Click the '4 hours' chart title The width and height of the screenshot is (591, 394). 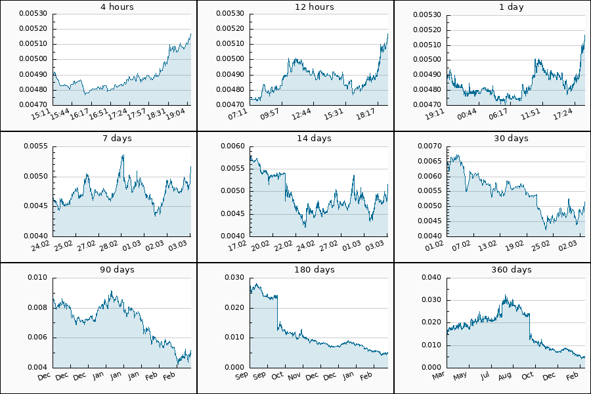tap(118, 7)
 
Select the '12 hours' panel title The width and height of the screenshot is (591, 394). tap(315, 7)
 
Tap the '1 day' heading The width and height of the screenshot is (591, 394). tap(512, 7)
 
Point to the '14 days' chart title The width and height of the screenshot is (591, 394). tap(315, 139)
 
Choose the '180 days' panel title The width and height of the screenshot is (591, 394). tap(315, 270)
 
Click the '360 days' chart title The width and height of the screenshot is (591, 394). tap(512, 270)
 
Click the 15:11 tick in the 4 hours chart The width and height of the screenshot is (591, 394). tap(43, 114)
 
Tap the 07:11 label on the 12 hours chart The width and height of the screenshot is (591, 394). tap(240, 114)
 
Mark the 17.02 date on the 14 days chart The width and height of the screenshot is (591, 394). tap(240, 246)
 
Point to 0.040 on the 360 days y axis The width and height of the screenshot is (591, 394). tap(433, 278)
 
